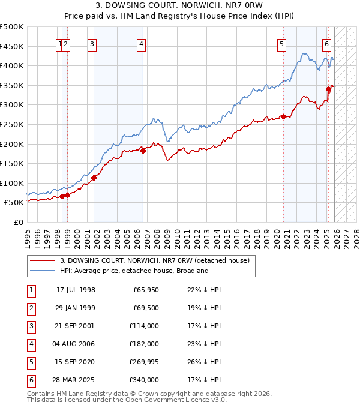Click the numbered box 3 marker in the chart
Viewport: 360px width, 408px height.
pyautogui.click(x=92, y=43)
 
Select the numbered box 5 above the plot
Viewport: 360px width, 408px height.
pyautogui.click(x=281, y=43)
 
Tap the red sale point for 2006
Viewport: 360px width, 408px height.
pyautogui.click(x=143, y=151)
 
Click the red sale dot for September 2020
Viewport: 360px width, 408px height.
pyautogui.click(x=283, y=117)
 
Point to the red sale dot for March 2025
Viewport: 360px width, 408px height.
pyautogui.click(x=328, y=89)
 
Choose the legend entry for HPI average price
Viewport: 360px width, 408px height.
pyautogui.click(x=134, y=271)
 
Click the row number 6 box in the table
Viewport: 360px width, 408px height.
pyautogui.click(x=30, y=380)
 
